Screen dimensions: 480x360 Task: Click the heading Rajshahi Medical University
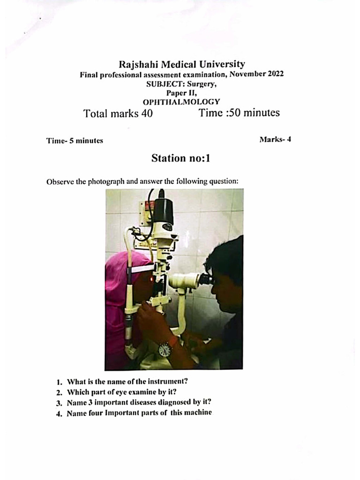[x=181, y=64]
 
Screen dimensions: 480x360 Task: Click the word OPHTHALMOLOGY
[x=181, y=102]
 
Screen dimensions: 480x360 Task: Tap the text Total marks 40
[x=118, y=113]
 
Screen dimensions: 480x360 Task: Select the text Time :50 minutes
[x=239, y=113]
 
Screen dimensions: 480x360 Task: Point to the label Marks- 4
[x=275, y=139]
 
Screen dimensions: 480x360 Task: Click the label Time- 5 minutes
[x=75, y=140]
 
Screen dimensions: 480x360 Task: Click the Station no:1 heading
[x=180, y=158]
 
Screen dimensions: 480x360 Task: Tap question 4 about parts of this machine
[x=139, y=413]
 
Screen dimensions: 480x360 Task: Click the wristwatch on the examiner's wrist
[x=165, y=349]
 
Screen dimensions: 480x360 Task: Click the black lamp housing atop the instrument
[x=164, y=210]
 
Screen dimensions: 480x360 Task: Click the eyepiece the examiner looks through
[x=206, y=280]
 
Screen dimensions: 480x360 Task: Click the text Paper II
[x=181, y=93]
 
